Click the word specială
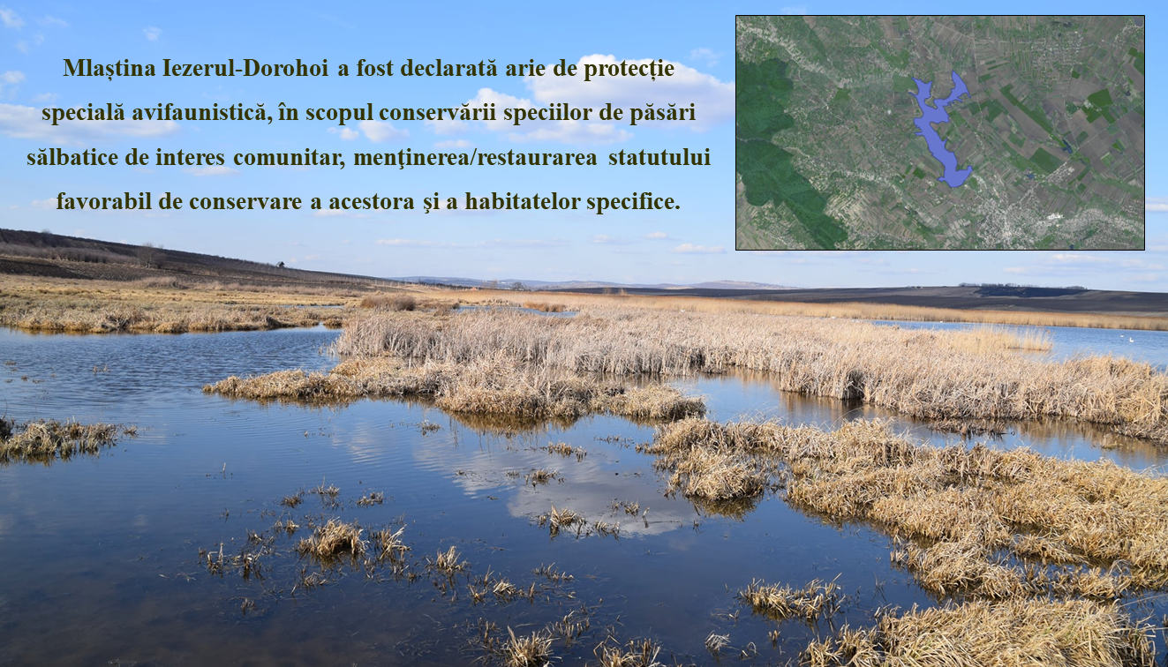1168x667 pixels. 83,114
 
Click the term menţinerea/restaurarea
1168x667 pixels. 475,157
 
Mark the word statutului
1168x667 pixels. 659,157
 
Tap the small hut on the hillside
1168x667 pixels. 281,265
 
